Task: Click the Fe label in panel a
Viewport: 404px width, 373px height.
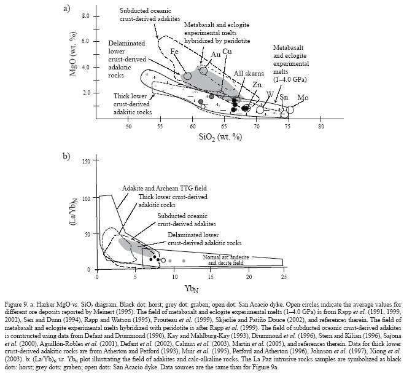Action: tap(174, 52)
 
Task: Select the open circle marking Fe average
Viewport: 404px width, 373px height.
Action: tap(188, 76)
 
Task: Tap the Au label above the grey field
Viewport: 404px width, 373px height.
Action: tap(216, 55)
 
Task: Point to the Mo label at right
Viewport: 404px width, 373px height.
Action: tap(303, 98)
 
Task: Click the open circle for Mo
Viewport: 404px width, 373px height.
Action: tap(290, 110)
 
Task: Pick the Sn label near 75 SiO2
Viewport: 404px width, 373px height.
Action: tap(283, 98)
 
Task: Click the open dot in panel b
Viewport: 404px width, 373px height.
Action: tap(163, 261)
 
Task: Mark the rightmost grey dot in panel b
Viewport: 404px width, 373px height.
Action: tap(184, 261)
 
